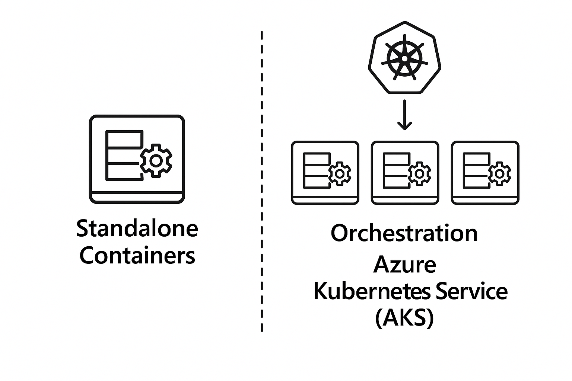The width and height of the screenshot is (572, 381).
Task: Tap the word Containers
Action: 137,255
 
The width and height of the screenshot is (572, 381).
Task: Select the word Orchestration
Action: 404,233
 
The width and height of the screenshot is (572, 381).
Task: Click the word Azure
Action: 405,264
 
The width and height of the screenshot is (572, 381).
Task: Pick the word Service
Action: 472,291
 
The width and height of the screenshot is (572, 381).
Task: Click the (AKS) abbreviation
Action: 404,318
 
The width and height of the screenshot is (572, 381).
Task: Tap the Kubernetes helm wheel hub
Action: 404,59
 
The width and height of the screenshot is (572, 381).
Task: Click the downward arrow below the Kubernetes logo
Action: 404,115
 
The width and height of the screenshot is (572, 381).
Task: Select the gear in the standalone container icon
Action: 156,161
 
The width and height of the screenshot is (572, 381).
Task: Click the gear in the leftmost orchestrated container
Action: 340,174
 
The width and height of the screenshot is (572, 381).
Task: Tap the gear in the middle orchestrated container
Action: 420,174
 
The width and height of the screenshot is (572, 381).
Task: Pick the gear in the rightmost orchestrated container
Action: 499,174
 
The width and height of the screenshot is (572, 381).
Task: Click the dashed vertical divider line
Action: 262,181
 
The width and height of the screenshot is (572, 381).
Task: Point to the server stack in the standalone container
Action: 124,156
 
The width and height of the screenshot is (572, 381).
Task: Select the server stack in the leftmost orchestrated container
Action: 317,170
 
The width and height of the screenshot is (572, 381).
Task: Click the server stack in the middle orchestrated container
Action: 397,170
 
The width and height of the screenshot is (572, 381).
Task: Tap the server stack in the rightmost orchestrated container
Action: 477,170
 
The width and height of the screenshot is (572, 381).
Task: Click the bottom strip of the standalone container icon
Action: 137,198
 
